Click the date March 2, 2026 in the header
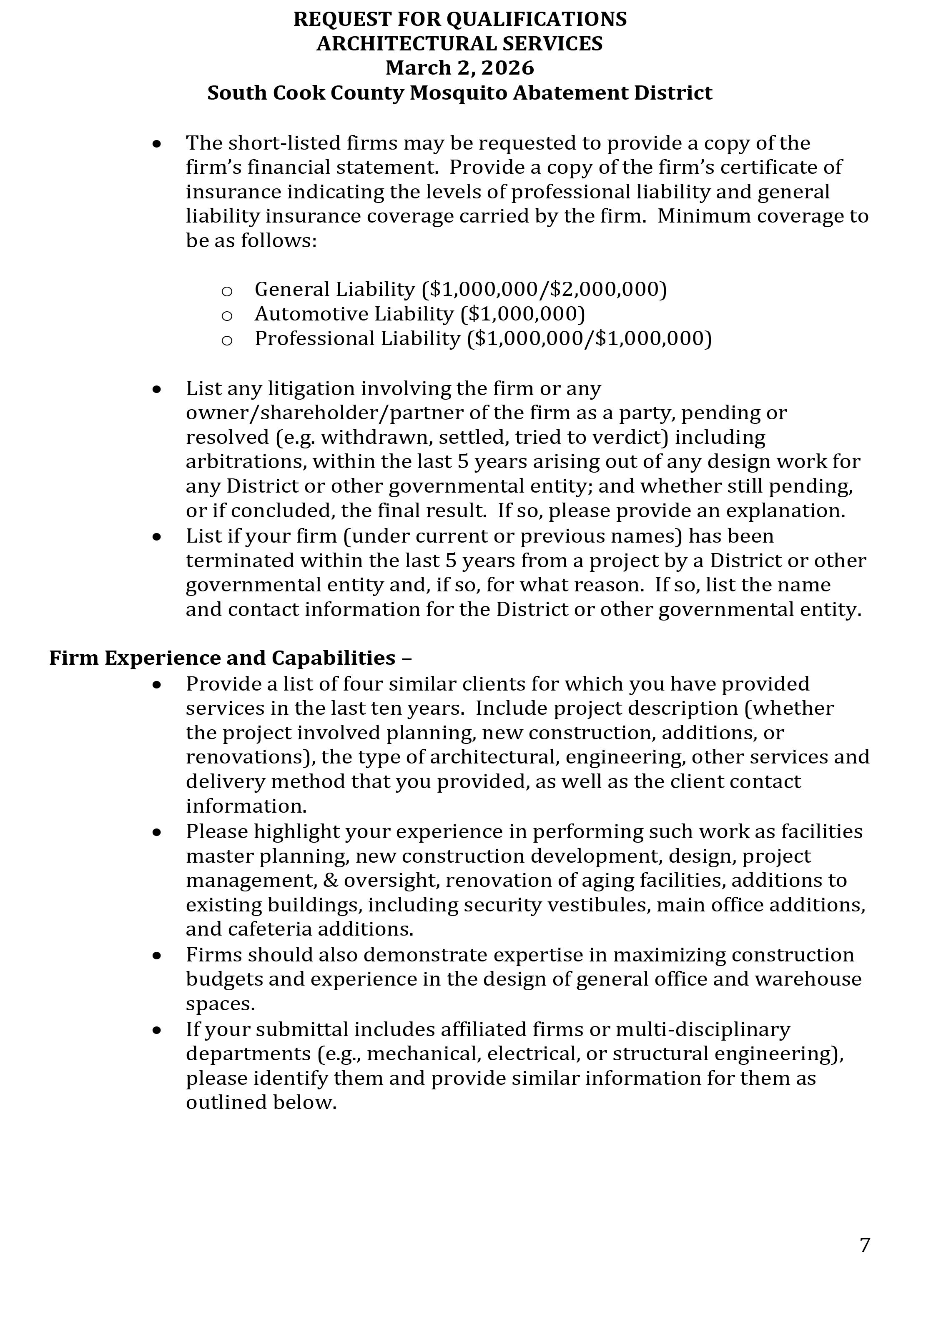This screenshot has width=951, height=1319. (459, 68)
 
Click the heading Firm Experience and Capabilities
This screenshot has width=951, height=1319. (230, 658)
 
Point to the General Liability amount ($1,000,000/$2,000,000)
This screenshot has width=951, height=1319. (544, 289)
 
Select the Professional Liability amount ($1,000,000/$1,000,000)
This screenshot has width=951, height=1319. (589, 338)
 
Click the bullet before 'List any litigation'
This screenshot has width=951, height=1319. (156, 389)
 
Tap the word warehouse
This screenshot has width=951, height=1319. (808, 979)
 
